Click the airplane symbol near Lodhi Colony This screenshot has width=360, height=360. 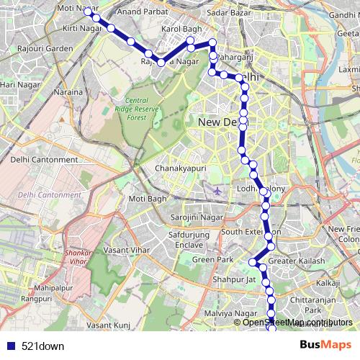(218, 191)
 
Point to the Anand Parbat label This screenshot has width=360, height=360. (138, 12)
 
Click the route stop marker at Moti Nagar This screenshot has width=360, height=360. (87, 10)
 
